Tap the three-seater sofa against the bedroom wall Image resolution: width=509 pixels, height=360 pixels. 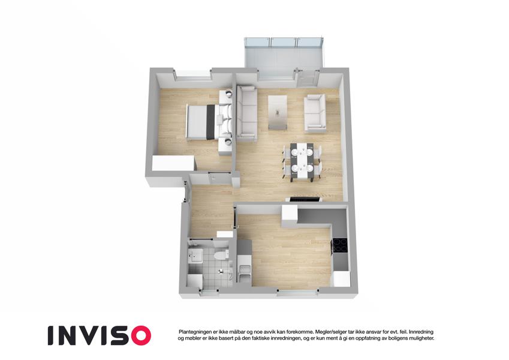[246, 113]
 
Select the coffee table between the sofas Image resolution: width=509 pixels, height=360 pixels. [278, 112]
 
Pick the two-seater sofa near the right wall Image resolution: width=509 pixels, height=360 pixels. [315, 113]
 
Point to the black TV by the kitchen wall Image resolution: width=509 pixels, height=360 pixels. [304, 199]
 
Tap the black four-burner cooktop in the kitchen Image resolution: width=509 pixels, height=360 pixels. [339, 245]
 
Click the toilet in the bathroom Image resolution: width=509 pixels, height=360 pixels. [222, 254]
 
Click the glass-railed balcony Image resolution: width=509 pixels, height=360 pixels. [284, 53]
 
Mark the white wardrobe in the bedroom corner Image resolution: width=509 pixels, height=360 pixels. [174, 163]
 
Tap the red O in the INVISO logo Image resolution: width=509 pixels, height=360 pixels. [139, 335]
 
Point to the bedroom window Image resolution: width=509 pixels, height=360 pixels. [194, 76]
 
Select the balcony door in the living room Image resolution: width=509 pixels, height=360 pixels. [308, 79]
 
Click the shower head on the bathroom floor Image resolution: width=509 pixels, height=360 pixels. [222, 271]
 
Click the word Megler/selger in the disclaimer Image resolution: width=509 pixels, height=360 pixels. [329, 332]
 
